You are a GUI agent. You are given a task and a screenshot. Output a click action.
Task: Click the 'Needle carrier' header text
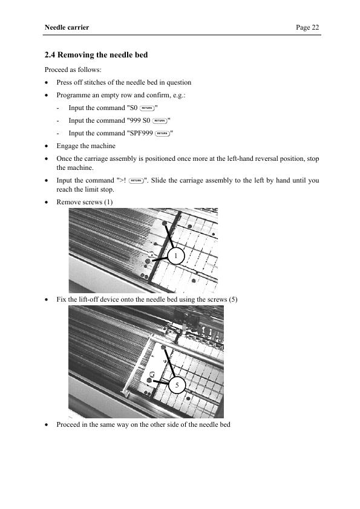pos(67,27)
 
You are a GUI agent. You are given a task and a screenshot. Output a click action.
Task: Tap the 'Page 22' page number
pos(307,27)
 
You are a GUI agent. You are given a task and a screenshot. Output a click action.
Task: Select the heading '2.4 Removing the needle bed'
pos(96,54)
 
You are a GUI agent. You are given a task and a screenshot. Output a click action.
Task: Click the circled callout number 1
pos(176,256)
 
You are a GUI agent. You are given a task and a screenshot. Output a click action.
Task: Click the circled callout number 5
pos(177,385)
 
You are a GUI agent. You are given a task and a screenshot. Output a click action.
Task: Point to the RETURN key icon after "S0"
pos(147,108)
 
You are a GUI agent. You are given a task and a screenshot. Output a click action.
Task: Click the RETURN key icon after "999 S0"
pos(160,121)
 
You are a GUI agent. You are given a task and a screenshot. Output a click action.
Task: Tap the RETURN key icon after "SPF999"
pos(163,134)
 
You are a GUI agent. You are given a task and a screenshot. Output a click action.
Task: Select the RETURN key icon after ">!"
pos(136,181)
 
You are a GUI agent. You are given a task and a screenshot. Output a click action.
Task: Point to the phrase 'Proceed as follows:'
pos(73,70)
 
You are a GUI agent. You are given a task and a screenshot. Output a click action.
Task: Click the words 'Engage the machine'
pos(86,146)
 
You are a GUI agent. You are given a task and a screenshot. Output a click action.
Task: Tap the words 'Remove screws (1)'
pos(85,202)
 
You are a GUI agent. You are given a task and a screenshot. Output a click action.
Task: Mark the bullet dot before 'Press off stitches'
pos(47,83)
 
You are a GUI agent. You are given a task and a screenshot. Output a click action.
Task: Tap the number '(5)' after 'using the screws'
pos(233,299)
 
